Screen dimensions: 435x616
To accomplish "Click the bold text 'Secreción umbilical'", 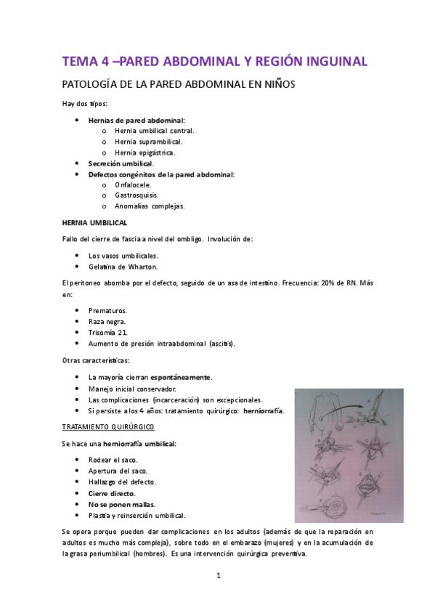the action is [121, 163].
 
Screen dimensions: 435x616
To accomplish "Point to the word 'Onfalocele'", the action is [133, 185].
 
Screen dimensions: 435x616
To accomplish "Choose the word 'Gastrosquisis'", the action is [136, 195].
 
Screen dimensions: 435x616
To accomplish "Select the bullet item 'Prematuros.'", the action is [107, 310].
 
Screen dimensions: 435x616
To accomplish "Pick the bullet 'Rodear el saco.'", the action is [113, 460].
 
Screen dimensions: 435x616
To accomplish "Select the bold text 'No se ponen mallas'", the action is [121, 504].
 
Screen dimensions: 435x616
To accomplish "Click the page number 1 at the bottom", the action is [218, 577].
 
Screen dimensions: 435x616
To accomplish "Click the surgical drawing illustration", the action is [349, 455].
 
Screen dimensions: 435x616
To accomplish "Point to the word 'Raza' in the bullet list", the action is [97, 321].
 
